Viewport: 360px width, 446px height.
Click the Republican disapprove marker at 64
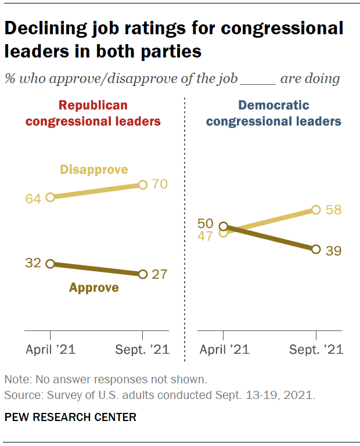click(x=50, y=197)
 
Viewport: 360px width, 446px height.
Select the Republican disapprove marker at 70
click(x=143, y=185)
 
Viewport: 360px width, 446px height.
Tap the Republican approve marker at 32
click(x=50, y=263)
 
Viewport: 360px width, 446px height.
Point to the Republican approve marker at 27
click(x=143, y=274)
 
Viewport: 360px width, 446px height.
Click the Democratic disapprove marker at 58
click(x=316, y=210)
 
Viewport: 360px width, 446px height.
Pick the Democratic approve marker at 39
click(x=316, y=249)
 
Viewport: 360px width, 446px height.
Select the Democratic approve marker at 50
click(x=223, y=226)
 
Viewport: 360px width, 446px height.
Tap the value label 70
click(x=160, y=185)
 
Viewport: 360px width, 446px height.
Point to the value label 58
click(x=333, y=209)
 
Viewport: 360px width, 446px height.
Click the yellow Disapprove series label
click(x=94, y=170)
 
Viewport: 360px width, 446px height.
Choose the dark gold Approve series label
click(x=94, y=287)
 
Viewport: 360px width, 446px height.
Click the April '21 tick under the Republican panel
click(x=51, y=349)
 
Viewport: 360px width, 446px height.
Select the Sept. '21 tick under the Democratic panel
click(x=316, y=349)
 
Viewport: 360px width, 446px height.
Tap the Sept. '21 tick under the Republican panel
click(x=142, y=349)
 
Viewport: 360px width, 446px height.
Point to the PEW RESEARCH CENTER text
click(x=70, y=417)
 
